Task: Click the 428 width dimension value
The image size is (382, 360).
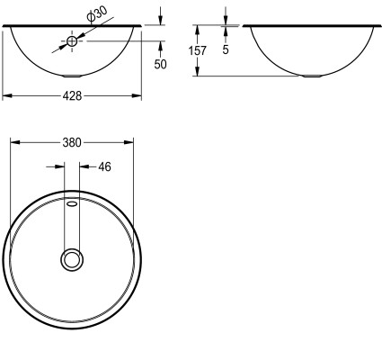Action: (72, 96)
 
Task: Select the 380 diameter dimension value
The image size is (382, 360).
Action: (72, 142)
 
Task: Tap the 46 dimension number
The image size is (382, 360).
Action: (104, 166)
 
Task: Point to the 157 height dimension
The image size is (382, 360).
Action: (198, 50)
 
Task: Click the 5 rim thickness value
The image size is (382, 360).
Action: (226, 49)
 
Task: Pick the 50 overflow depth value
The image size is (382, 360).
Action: (160, 64)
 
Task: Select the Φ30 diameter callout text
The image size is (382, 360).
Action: (96, 14)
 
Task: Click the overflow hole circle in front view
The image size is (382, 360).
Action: (72, 41)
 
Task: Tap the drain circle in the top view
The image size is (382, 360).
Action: (72, 259)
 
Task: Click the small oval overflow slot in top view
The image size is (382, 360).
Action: (72, 204)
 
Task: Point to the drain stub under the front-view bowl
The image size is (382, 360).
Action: (72, 76)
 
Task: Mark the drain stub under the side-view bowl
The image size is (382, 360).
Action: (312, 76)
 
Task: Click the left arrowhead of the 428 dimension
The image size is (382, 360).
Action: (7, 96)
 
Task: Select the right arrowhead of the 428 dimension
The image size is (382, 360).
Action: (137, 96)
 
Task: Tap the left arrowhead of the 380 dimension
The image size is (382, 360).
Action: (15, 142)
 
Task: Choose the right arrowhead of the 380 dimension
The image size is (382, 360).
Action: (129, 142)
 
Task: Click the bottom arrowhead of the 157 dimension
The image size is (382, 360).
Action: (197, 71)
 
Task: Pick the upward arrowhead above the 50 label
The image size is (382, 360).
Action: (161, 46)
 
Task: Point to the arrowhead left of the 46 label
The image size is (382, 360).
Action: (60, 166)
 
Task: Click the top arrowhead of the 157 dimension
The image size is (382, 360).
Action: (197, 31)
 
